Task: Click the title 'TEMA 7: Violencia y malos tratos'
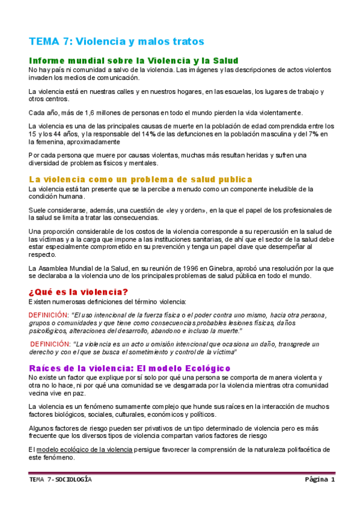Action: pyautogui.click(x=117, y=41)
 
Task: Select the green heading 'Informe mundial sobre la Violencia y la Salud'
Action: pyautogui.click(x=133, y=61)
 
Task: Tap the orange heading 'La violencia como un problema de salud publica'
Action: pyautogui.click(x=140, y=179)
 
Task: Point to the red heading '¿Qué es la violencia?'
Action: pyautogui.click(x=78, y=292)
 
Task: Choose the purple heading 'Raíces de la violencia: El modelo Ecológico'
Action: pyautogui.click(x=130, y=367)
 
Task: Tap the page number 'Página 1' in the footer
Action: pyautogui.click(x=319, y=480)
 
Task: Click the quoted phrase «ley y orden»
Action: pyautogui.click(x=176, y=209)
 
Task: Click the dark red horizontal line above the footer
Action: pyautogui.click(x=180, y=473)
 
